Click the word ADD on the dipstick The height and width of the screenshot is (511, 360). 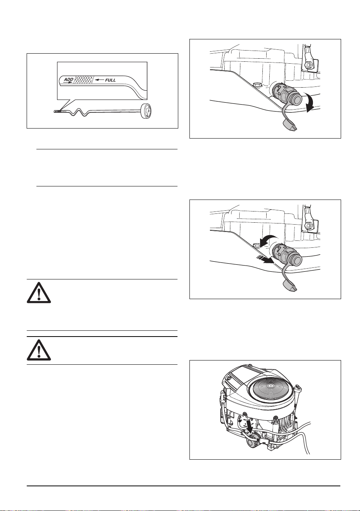point(68,80)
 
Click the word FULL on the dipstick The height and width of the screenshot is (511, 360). point(110,80)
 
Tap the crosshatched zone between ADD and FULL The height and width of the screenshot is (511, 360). point(84,80)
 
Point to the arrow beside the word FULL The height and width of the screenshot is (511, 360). point(100,80)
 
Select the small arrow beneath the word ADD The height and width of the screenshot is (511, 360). point(68,82)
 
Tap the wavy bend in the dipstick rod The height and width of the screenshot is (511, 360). point(79,112)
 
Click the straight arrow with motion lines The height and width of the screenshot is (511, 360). point(265,260)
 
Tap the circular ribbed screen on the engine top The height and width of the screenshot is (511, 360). point(271,385)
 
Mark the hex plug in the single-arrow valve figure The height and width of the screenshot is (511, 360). point(257,84)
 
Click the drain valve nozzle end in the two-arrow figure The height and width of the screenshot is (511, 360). point(297,259)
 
